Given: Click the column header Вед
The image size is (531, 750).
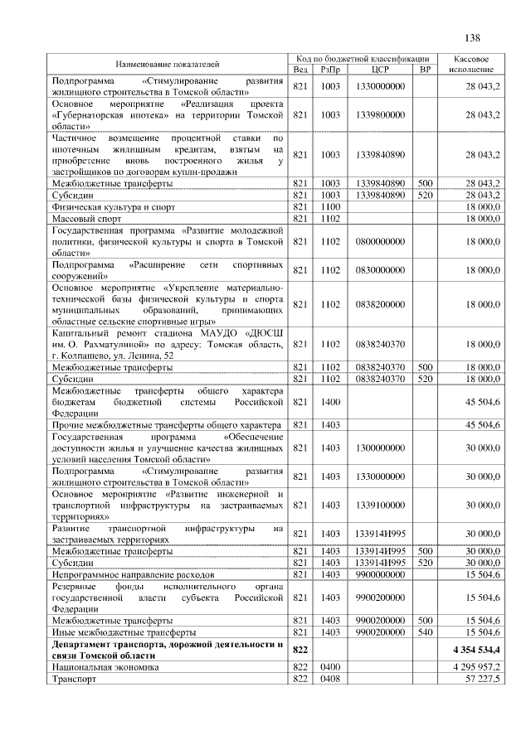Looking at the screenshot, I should pyautogui.click(x=301, y=69).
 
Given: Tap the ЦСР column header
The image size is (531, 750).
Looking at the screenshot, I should pyautogui.click(x=381, y=69).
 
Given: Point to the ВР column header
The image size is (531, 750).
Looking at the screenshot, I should pyautogui.click(x=426, y=69).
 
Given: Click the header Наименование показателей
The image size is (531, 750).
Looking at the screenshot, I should pyautogui.click(x=168, y=64).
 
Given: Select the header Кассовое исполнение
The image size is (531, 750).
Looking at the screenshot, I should pyautogui.click(x=471, y=64).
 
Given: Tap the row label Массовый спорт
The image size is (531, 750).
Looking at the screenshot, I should pyautogui.click(x=87, y=219).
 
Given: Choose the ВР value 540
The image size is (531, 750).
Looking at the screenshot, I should pyautogui.click(x=426, y=632).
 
